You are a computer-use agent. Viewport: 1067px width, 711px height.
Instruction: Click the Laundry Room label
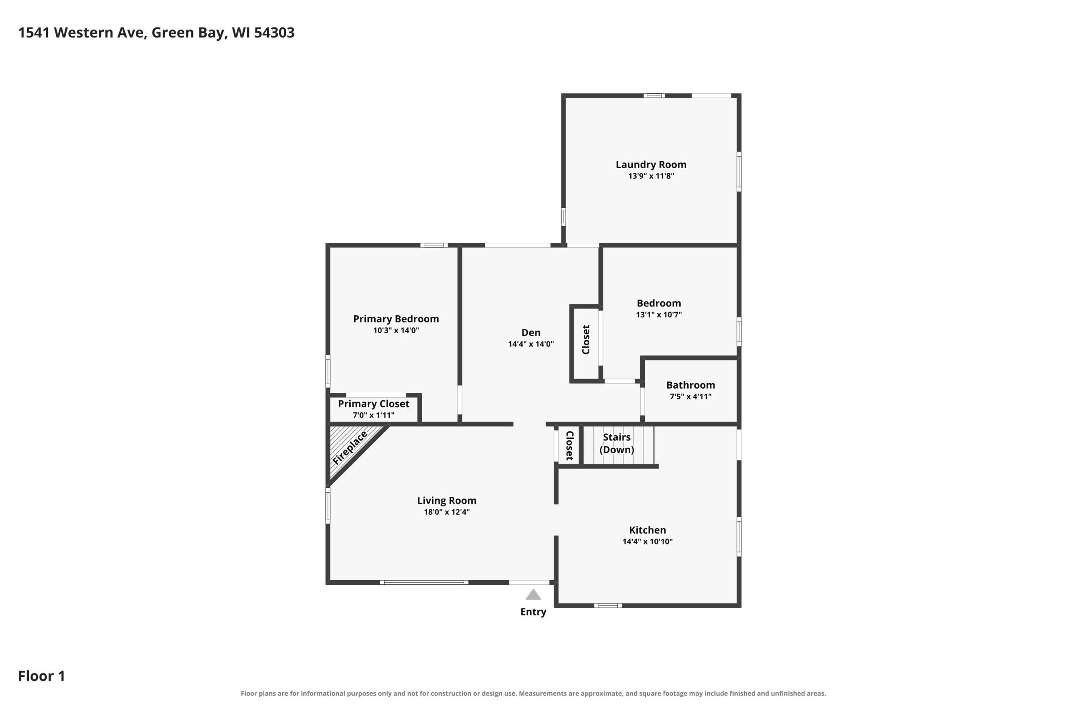pyautogui.click(x=651, y=165)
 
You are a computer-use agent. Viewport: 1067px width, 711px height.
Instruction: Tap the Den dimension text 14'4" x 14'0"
pyautogui.click(x=531, y=344)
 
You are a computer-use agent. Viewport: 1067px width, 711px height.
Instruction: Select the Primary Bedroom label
pyautogui.click(x=396, y=319)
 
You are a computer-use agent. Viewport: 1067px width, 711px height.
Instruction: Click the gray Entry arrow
pyautogui.click(x=533, y=594)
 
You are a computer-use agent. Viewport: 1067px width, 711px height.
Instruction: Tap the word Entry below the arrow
pyautogui.click(x=533, y=612)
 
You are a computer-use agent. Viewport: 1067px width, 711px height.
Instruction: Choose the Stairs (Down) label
pyautogui.click(x=616, y=443)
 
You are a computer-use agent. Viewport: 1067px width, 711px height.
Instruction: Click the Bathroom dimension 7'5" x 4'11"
pyautogui.click(x=691, y=396)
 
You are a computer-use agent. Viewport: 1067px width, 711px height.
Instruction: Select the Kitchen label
pyautogui.click(x=647, y=530)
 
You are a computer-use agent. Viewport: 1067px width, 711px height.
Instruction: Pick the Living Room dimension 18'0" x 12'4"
pyautogui.click(x=447, y=512)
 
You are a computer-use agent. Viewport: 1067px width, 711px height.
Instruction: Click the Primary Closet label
pyautogui.click(x=373, y=404)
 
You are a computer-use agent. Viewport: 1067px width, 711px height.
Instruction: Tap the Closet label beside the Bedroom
pyautogui.click(x=586, y=339)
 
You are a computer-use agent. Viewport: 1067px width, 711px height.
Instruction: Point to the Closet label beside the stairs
pyautogui.click(x=570, y=445)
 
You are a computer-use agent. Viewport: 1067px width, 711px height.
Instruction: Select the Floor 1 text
pyautogui.click(x=42, y=676)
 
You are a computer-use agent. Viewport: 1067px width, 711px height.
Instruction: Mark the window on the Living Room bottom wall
pyautogui.click(x=424, y=582)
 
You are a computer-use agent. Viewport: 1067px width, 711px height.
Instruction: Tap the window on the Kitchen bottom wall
pyautogui.click(x=608, y=605)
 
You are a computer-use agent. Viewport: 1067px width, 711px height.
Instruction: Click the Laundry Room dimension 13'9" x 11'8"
pyautogui.click(x=651, y=176)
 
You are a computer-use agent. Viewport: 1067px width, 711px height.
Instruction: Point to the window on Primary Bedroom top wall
pyautogui.click(x=434, y=245)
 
